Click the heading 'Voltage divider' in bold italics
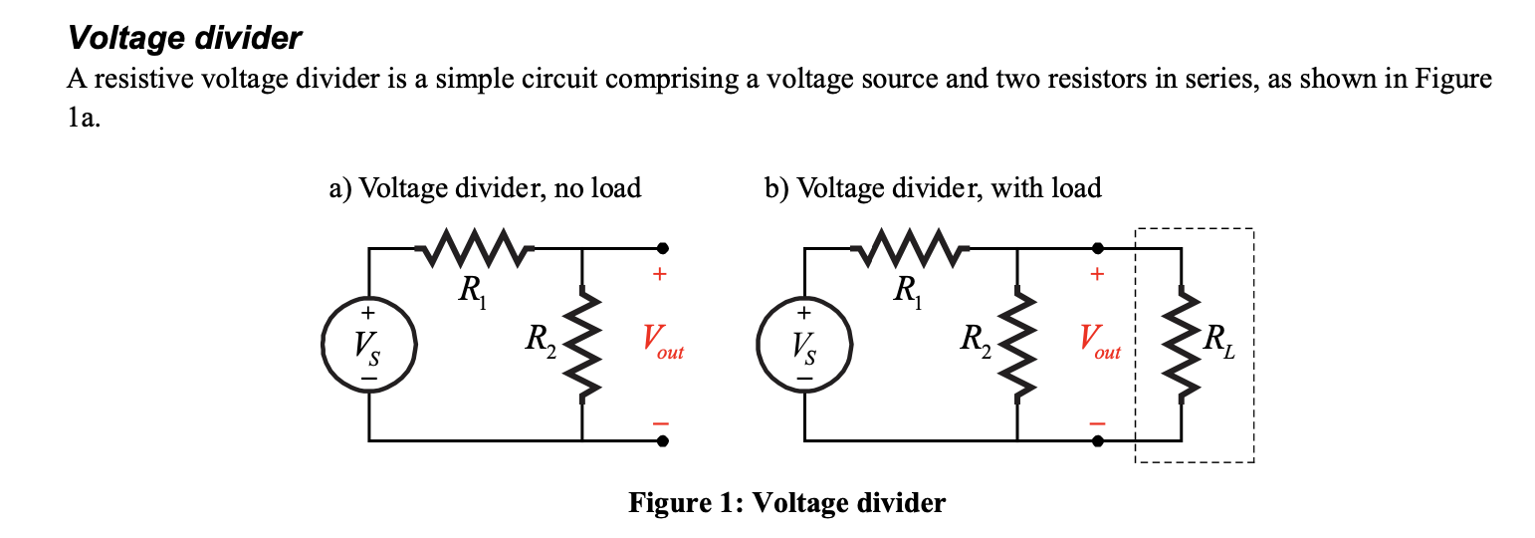(x=184, y=39)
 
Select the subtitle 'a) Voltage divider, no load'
(x=485, y=187)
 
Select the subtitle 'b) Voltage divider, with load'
(x=933, y=187)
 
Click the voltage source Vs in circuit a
(x=368, y=345)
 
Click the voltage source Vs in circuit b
(x=804, y=345)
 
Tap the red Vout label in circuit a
(x=662, y=344)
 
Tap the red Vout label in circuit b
(x=1098, y=344)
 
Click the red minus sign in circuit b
(x=1097, y=422)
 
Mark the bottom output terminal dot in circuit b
(x=1098, y=439)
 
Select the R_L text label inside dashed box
(x=1219, y=344)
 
